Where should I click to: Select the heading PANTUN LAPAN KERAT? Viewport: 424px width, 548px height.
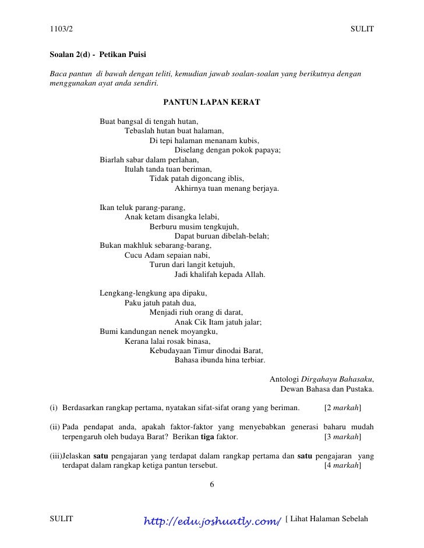[211, 102]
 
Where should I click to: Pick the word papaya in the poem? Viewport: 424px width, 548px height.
[268, 150]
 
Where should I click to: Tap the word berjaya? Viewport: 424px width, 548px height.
[266, 188]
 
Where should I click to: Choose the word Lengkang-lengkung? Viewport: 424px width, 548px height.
[131, 293]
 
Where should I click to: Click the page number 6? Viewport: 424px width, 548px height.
[212, 484]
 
